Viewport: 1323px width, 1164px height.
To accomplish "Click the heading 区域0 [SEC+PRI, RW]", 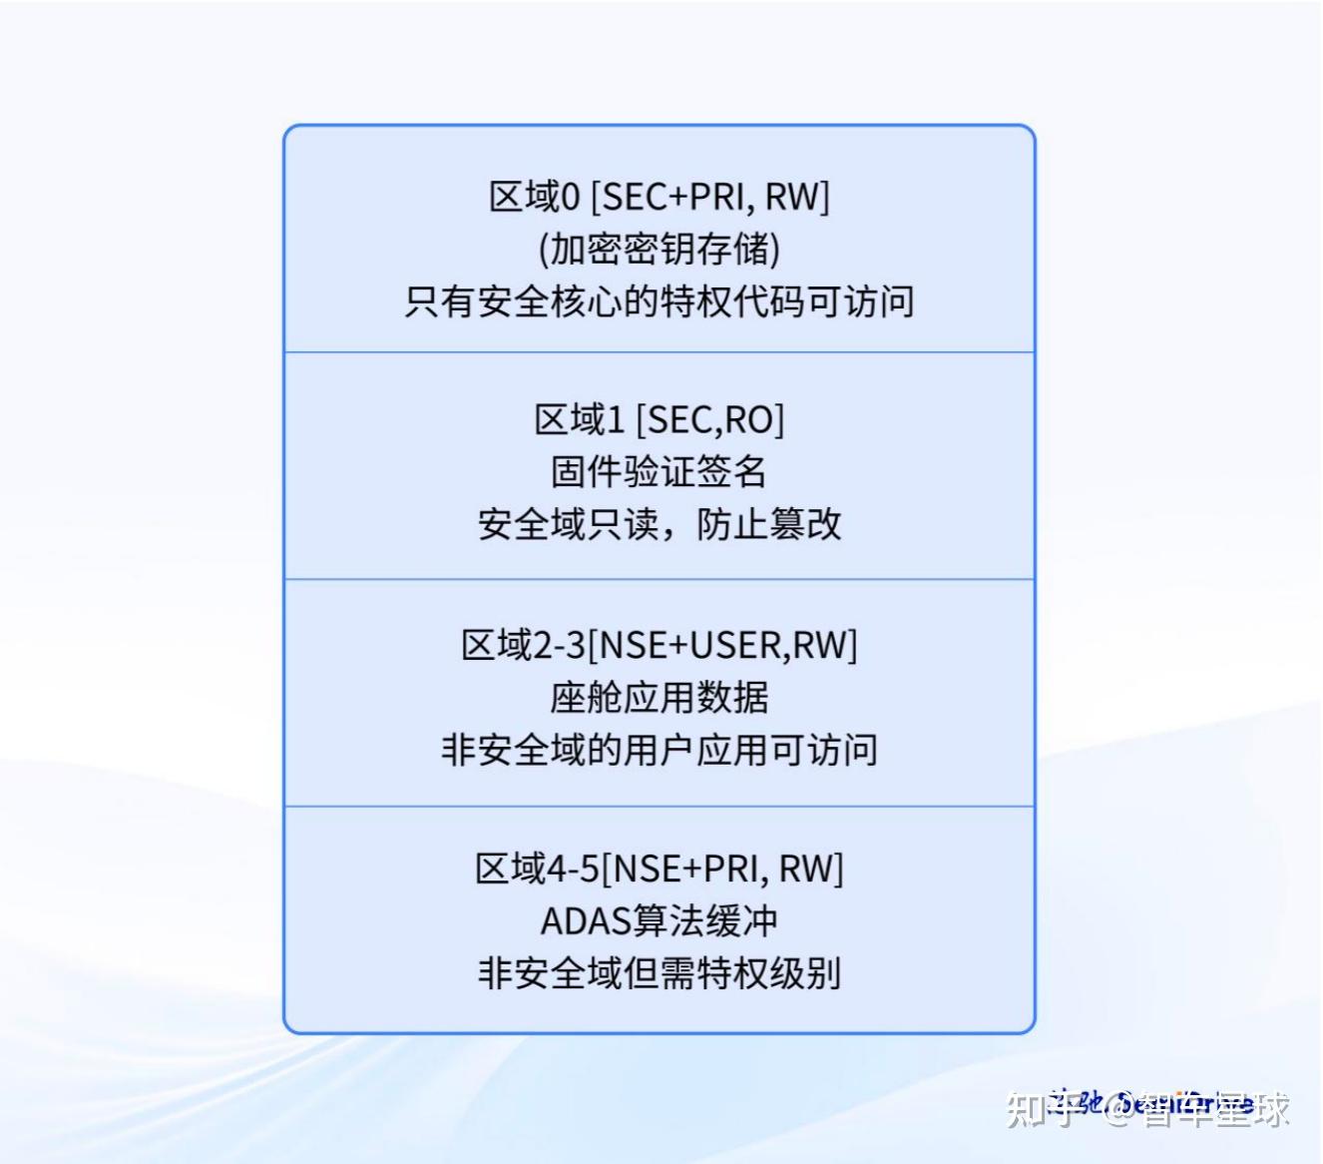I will click(659, 197).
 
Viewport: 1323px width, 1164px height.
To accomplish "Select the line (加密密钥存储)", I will click(659, 249).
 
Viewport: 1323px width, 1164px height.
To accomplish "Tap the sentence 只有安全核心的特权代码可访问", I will click(659, 300).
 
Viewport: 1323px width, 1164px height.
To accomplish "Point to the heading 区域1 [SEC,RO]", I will click(659, 420).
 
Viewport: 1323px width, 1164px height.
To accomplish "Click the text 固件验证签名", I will click(659, 471).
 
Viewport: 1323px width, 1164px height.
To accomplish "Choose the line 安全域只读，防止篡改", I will click(659, 523).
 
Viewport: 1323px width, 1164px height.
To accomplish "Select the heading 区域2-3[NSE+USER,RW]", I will click(659, 645).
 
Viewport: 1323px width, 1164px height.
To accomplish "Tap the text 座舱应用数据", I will click(659, 697).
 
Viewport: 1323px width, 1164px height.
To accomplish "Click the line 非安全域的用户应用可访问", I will click(659, 749).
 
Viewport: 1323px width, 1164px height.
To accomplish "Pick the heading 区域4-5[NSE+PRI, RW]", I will click(659, 869).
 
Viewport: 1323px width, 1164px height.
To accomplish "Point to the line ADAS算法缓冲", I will click(659, 920).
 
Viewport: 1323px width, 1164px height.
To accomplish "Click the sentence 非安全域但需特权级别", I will click(659, 972).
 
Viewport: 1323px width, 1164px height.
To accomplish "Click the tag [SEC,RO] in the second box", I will click(710, 420).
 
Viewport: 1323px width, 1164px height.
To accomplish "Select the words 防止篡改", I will click(768, 523).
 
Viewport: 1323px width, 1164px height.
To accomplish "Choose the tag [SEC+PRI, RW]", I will click(710, 197).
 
